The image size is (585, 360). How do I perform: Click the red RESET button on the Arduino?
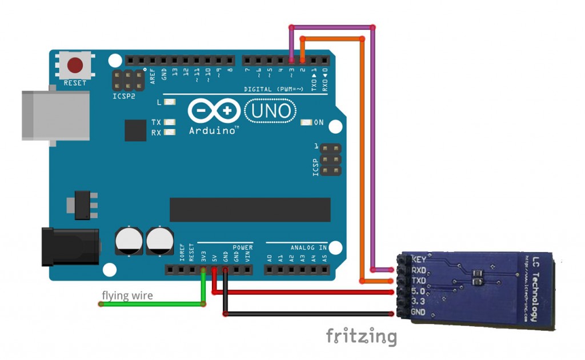click(74, 66)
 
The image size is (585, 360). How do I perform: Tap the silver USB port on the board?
click(55, 115)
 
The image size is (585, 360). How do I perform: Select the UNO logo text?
click(271, 111)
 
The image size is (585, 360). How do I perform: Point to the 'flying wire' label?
click(127, 295)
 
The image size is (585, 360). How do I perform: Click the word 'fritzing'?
click(361, 336)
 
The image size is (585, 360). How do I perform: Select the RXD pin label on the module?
click(419, 270)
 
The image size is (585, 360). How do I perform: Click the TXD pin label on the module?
click(419, 281)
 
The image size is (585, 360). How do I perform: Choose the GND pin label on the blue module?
click(418, 312)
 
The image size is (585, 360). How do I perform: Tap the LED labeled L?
click(169, 103)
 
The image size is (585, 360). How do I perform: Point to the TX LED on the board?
click(169, 122)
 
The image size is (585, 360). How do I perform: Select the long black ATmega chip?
click(250, 210)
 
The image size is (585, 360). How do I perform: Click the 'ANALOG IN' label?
click(308, 247)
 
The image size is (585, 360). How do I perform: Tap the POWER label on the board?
click(243, 247)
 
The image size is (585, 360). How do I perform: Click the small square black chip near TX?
click(136, 130)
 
